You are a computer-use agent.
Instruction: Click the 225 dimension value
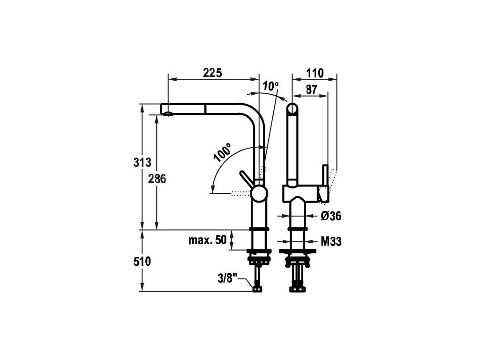click(212, 73)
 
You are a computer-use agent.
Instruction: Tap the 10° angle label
click(270, 86)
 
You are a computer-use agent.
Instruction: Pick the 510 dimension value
click(142, 262)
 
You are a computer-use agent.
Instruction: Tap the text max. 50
click(207, 241)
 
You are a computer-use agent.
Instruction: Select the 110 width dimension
click(315, 73)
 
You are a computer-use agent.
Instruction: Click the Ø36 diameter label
click(330, 216)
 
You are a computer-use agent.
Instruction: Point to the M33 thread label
click(330, 241)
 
